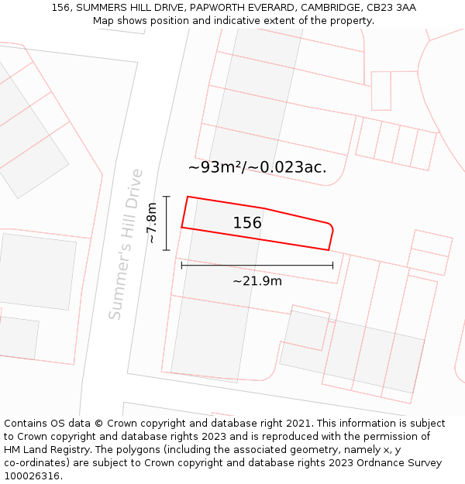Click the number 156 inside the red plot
[247, 223]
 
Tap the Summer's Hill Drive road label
[126, 245]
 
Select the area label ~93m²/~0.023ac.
[257, 166]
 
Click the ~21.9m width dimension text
[257, 280]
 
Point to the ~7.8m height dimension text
[152, 223]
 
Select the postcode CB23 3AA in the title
[391, 8]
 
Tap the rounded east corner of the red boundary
[332, 227]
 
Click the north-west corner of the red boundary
[188, 197]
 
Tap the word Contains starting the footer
[26, 424]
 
